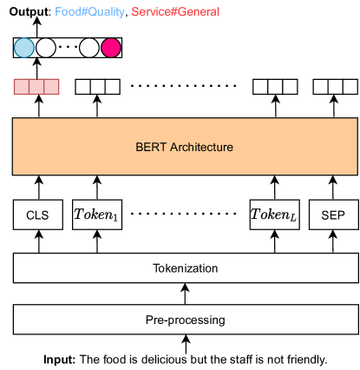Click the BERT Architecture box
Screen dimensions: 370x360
185,147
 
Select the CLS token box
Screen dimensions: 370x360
36,214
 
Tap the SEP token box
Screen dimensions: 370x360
333,214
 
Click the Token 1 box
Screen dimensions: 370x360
96,214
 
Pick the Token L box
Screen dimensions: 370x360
273,214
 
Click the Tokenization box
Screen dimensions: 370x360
185,268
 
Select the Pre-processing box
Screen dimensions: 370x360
185,320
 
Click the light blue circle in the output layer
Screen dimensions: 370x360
24,49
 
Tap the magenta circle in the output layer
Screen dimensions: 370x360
111,49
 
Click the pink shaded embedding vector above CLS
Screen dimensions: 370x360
36,87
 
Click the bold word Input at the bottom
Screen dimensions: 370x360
59,359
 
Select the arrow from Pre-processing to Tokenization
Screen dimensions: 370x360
185,294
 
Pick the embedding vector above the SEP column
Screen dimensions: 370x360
333,87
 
